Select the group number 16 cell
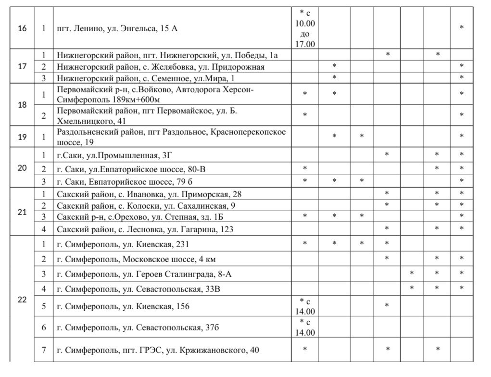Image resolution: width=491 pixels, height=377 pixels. [22, 28]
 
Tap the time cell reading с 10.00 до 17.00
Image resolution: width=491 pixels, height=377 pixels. [304, 28]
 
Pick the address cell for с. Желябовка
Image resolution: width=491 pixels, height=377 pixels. [160, 67]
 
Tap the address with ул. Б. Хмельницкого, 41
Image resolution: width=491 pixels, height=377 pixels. [147, 115]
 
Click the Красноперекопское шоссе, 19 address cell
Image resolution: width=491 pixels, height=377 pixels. [171, 137]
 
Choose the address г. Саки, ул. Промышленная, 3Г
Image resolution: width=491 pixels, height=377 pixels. [121, 155]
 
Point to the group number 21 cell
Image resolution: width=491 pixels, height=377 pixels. [22, 212]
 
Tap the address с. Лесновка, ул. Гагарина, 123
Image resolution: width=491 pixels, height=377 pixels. [145, 229]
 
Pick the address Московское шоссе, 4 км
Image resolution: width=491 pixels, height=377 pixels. [136, 260]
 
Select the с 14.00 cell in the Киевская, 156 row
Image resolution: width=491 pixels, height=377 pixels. [304, 306]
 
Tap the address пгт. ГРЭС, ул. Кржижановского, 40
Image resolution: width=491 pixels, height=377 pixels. [157, 350]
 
